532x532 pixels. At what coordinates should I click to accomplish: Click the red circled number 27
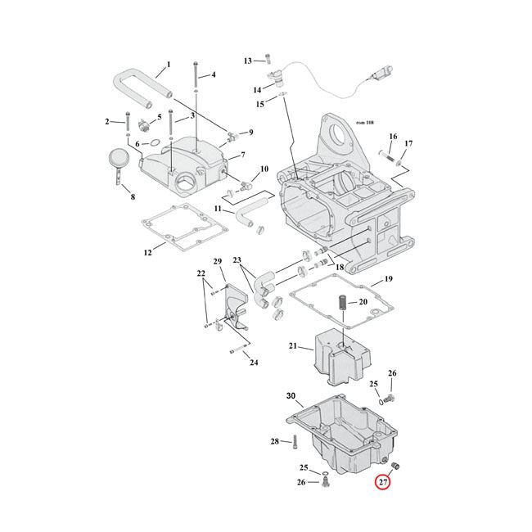click(382, 481)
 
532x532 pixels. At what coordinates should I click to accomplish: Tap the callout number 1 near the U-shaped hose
click(169, 65)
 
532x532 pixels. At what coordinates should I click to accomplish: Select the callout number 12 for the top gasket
click(148, 253)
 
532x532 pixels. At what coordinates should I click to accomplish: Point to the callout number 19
click(389, 279)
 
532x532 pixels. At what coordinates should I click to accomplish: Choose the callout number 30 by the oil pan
click(291, 396)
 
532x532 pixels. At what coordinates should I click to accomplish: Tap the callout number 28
click(274, 442)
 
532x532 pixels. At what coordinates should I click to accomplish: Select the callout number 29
click(218, 261)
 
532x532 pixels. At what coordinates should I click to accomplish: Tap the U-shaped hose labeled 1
click(131, 83)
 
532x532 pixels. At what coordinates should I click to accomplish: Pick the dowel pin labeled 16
click(386, 155)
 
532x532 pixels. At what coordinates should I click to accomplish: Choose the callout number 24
click(254, 363)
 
